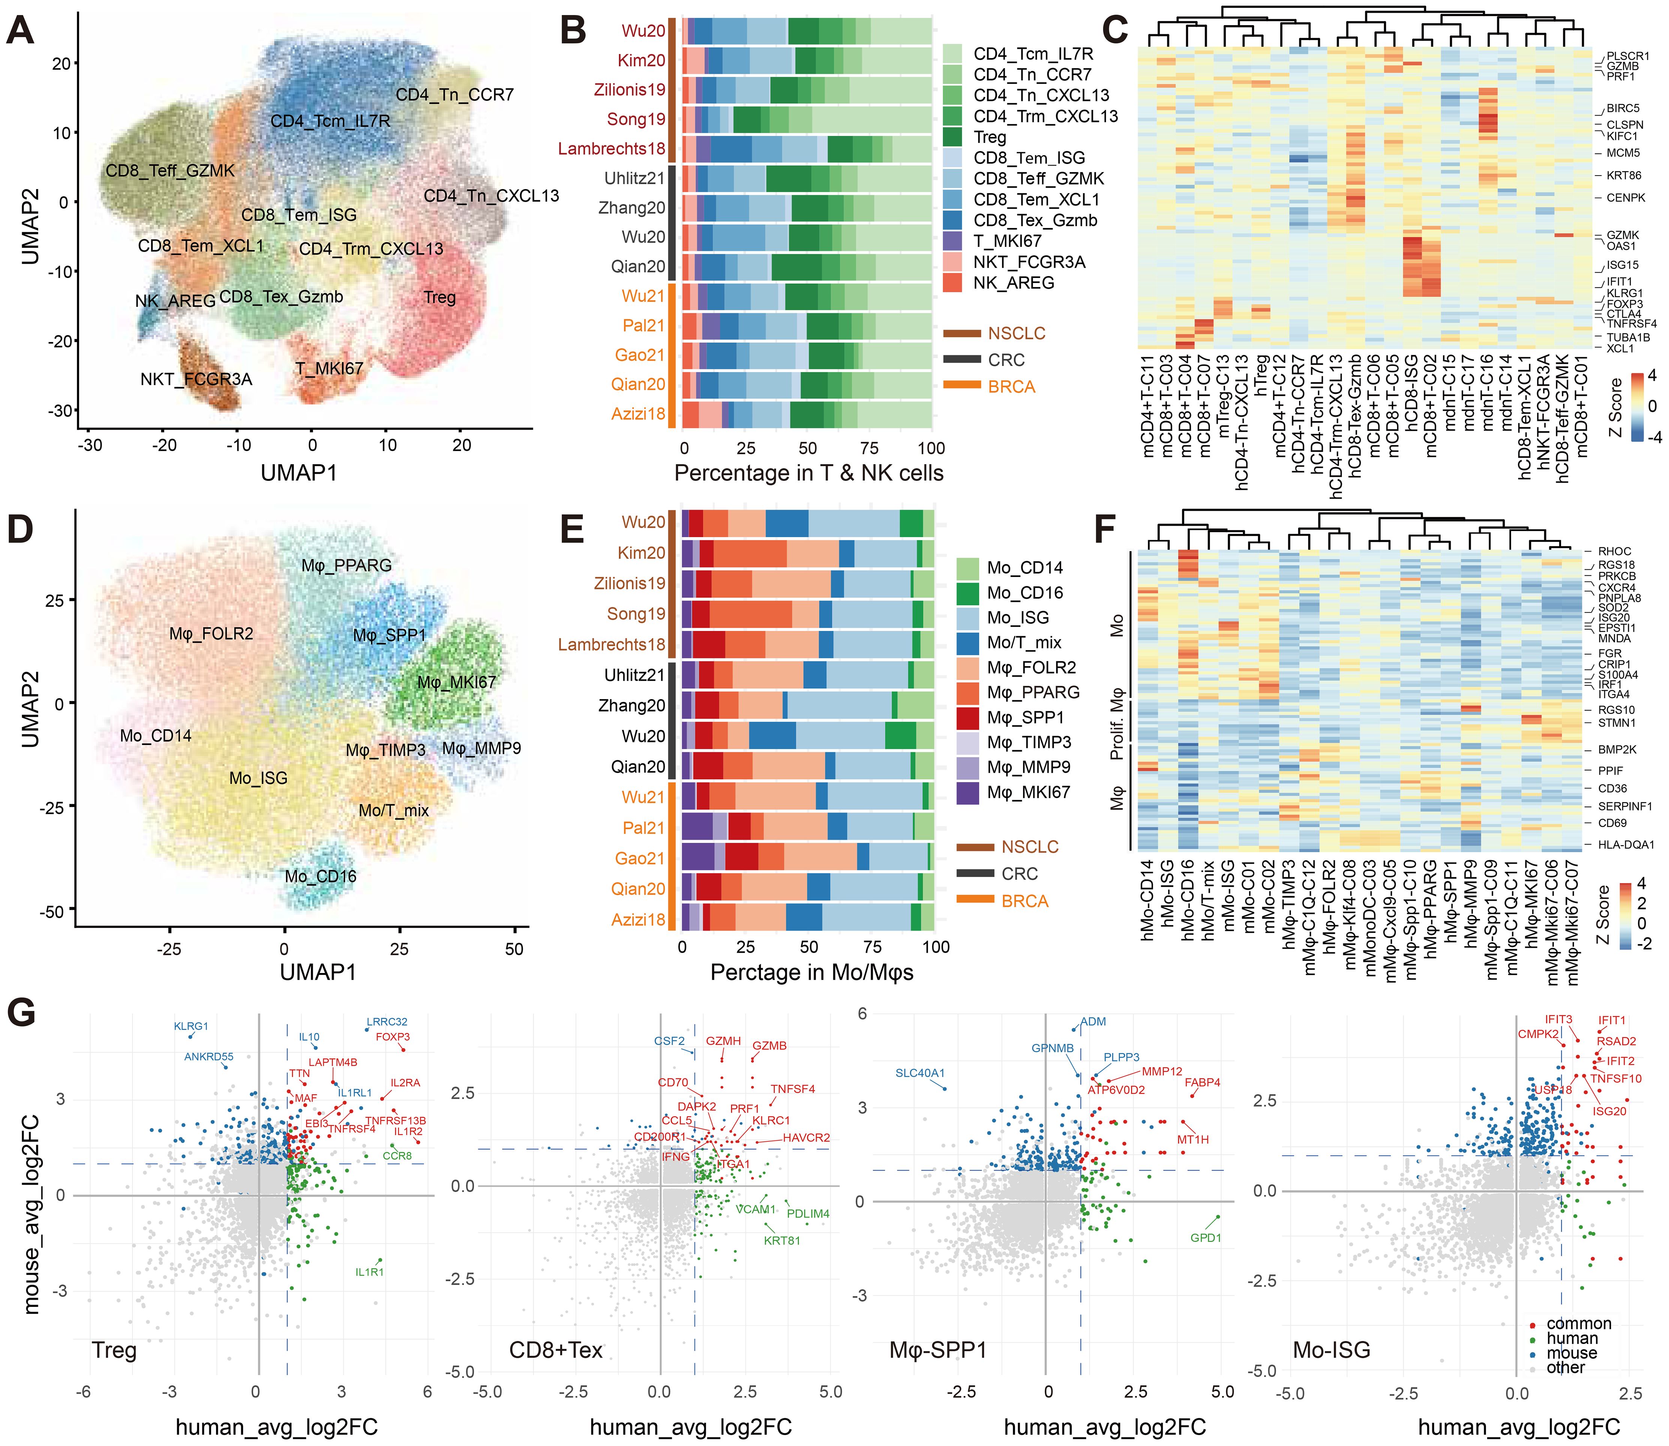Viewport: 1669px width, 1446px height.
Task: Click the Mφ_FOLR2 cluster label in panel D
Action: pyautogui.click(x=212, y=634)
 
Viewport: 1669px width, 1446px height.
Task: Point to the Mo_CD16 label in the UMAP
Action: pyautogui.click(x=320, y=876)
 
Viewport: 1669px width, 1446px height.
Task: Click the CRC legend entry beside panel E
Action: pyautogui.click(x=1020, y=874)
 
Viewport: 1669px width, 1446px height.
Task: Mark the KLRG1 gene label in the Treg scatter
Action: pyautogui.click(x=191, y=1026)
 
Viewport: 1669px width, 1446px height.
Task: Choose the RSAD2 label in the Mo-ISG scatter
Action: pyautogui.click(x=1616, y=1041)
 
